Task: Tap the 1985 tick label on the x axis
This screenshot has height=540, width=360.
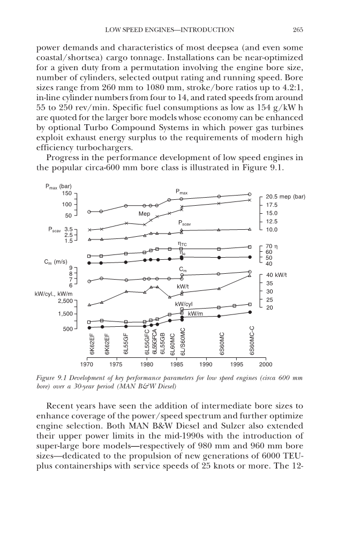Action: pos(177,363)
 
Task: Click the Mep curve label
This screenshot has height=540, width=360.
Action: pos(144,214)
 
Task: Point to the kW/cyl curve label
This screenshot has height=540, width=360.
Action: pos(184,304)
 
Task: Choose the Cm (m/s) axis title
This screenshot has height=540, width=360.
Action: pos(56,262)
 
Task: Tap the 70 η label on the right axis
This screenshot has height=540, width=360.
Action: pos(269,246)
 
